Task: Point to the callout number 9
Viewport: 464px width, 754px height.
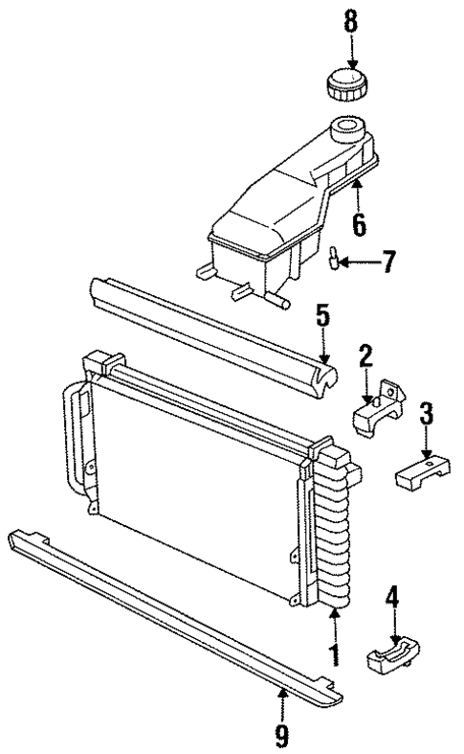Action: pos(282,737)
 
